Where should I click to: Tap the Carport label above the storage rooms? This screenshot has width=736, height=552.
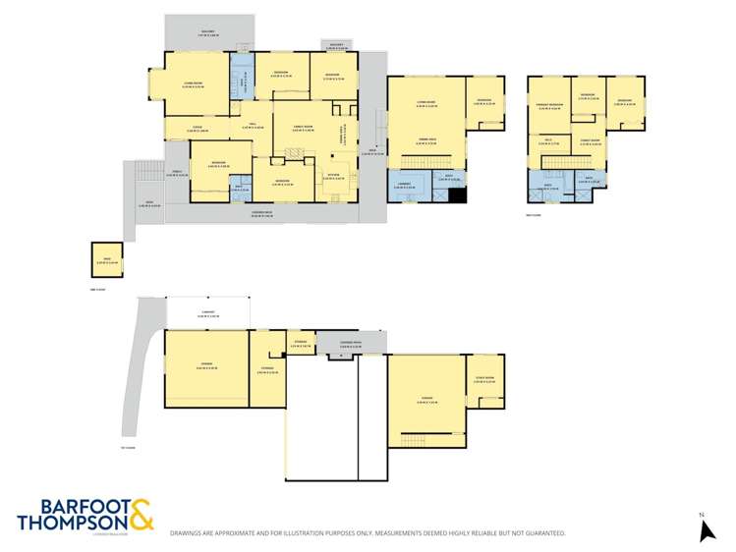(x=207, y=314)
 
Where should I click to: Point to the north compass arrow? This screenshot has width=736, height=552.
(x=706, y=530)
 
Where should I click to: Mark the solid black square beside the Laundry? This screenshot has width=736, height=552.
(x=455, y=194)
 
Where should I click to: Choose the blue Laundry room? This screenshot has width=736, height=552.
(x=404, y=185)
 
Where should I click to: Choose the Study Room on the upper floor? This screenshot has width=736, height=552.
(x=591, y=142)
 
